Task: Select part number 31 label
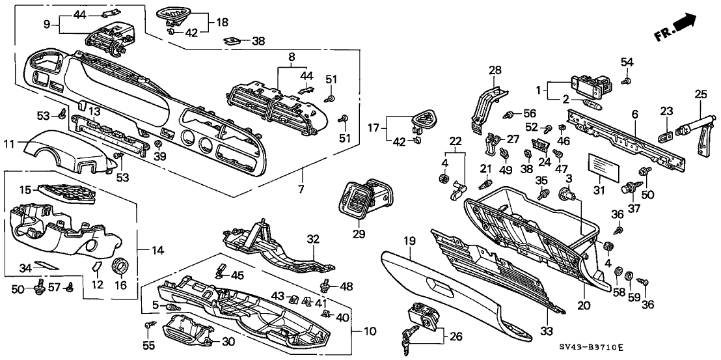(599, 189)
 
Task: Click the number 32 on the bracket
(314, 239)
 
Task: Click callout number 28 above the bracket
(495, 70)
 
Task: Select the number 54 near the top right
(627, 61)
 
